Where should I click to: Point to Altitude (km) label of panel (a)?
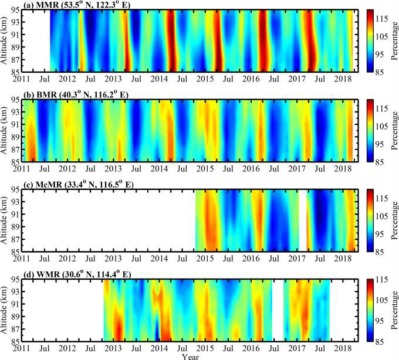tap(5, 40)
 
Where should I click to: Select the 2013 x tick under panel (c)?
tap(113, 258)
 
